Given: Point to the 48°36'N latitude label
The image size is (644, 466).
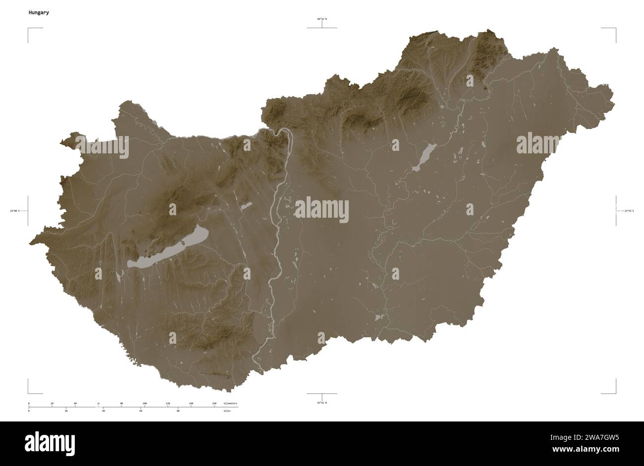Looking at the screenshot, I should pos(322,19).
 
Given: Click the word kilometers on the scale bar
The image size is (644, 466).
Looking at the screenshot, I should pos(230,404).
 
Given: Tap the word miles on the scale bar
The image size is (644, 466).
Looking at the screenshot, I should pos(227,411).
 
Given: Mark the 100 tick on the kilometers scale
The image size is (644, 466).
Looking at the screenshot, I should pos(145,404).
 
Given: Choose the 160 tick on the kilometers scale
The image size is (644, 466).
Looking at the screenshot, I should pos(214,404).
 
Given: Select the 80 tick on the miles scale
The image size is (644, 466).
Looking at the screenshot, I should pos(178,411).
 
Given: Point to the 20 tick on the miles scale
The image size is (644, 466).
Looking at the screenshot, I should pos(66,411).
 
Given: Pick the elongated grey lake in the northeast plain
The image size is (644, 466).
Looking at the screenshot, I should pos(424,157).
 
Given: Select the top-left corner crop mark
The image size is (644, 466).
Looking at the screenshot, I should pos(29,29).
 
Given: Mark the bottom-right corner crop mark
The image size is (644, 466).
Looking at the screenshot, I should pos(615,393).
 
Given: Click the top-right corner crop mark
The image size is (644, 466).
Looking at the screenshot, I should pos(615,29).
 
